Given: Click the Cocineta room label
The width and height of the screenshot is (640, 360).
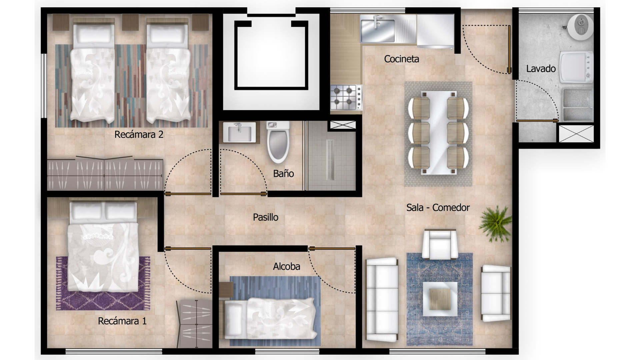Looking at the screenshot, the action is tap(401, 59).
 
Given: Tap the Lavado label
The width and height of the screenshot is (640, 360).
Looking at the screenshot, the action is tap(541, 69).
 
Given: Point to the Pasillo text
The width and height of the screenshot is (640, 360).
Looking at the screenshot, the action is tap(265, 217).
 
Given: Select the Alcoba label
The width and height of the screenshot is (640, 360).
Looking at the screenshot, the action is tap(286, 266).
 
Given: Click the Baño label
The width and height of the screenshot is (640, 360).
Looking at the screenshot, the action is tap(283, 173).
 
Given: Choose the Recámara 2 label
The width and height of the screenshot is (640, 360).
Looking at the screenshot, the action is tap(139, 135).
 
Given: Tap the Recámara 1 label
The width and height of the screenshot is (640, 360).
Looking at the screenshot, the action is tap(122, 321).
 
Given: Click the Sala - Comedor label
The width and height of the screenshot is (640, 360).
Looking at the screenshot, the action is tap(438, 208).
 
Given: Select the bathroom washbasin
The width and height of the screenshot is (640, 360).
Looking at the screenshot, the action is tap(239, 132).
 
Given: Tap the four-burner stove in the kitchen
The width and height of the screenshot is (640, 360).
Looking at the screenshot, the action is tap(346, 97).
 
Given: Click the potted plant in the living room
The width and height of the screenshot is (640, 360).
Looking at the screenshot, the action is tap(496, 223).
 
